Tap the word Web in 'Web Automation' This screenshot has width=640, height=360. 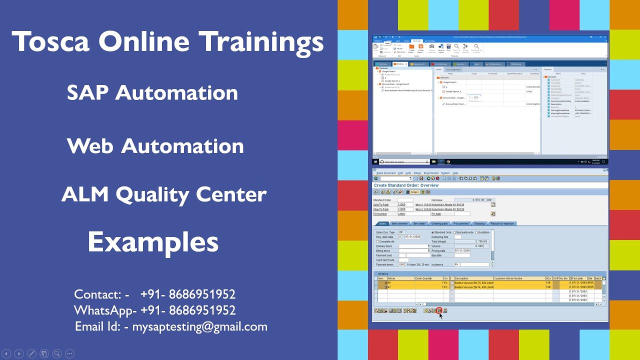(90, 146)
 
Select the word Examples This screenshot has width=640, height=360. (153, 242)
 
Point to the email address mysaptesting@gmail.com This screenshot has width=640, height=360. (199, 327)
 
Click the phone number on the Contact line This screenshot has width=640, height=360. (187, 294)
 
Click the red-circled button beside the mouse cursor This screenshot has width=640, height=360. (439, 310)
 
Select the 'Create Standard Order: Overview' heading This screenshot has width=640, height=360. (406, 185)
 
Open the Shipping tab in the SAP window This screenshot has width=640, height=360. (479, 223)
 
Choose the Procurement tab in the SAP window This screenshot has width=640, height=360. (460, 223)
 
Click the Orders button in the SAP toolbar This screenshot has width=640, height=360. (413, 192)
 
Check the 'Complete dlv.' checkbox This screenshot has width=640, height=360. (377, 241)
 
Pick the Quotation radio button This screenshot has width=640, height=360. (476, 232)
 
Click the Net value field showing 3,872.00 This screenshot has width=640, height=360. (472, 200)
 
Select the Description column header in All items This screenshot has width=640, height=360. (461, 278)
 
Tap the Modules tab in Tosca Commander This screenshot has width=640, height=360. (399, 64)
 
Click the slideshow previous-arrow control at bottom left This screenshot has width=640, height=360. (7, 353)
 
